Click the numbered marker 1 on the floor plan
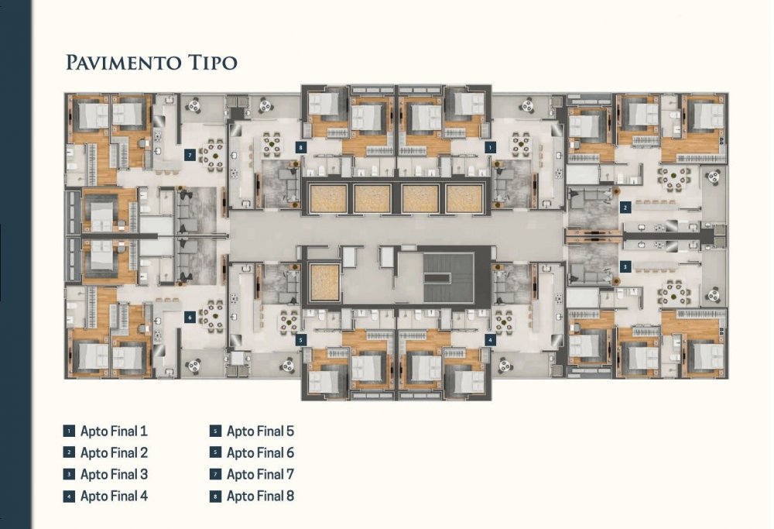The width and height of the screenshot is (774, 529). (490, 147)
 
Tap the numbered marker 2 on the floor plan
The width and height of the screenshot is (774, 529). (625, 208)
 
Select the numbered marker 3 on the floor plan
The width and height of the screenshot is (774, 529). (625, 267)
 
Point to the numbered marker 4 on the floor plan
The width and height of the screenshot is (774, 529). (490, 340)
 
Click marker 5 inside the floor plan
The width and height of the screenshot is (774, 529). (301, 340)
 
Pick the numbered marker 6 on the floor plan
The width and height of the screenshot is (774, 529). (190, 318)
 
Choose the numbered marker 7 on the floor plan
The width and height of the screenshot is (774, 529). (190, 155)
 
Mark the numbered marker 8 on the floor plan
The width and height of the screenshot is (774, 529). (300, 147)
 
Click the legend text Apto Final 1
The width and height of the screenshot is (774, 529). (114, 431)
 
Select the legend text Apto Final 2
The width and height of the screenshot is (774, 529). (114, 453)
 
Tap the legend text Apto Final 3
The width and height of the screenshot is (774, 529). (114, 475)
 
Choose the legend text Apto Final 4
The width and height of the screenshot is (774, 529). (114, 496)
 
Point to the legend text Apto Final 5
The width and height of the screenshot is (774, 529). (260, 431)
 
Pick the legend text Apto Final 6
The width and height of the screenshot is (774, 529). (260, 453)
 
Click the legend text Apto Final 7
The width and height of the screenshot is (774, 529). (260, 475)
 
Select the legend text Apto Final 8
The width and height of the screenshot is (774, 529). (260, 496)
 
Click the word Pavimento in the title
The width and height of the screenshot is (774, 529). (123, 63)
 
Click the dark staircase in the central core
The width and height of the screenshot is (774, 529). (448, 278)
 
